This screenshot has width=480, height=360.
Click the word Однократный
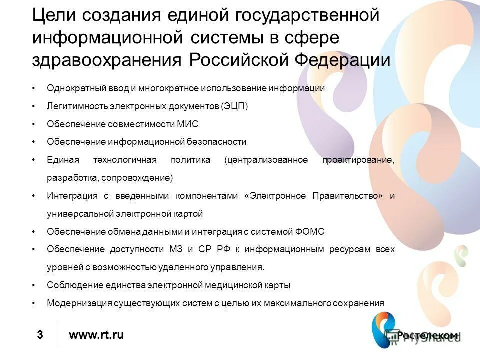click(x=70, y=88)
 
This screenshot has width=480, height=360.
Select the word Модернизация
click(x=72, y=303)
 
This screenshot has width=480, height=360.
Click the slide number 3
click(x=40, y=335)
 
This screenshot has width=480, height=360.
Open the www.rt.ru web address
click(x=96, y=335)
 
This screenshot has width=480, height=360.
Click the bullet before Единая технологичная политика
click(x=33, y=160)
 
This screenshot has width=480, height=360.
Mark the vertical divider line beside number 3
click(x=56, y=335)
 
